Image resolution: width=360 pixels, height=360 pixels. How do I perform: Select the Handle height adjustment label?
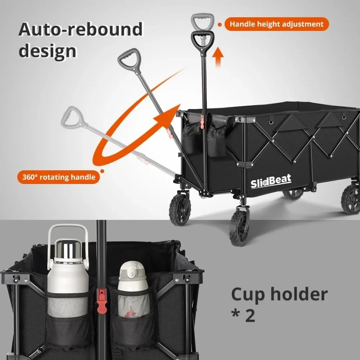click(276, 24)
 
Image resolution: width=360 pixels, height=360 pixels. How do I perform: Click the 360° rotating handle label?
click(58, 177)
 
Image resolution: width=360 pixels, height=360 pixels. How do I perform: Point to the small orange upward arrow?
click(217, 57)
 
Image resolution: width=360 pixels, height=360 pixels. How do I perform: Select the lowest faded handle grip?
click(72, 116)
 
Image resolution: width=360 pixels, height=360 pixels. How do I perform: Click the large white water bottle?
click(68, 277)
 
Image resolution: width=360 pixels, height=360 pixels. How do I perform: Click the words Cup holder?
click(279, 294)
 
